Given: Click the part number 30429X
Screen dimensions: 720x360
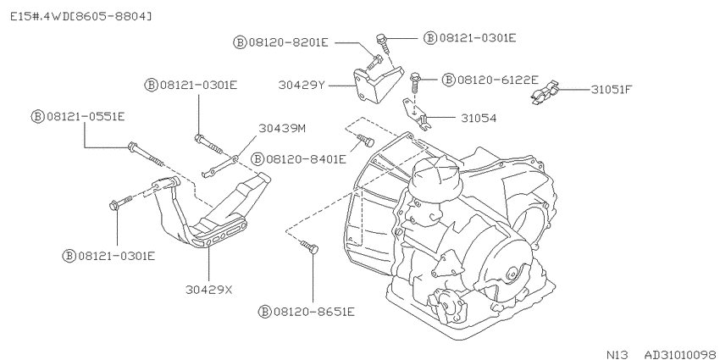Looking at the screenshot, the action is coord(209,290).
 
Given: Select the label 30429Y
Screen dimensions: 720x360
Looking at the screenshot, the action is coord(302,85).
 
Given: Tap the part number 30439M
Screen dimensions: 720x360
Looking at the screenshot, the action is coord(282,128).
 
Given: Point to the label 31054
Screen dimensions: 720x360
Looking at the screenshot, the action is coord(479,118).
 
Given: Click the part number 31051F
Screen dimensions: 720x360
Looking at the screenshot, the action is coord(612,89).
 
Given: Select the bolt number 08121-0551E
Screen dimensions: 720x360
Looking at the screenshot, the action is coord(86,117).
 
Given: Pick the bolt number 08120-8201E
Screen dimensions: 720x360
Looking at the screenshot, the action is coord(288,42).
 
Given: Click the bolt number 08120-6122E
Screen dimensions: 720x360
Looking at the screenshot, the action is coord(497,80).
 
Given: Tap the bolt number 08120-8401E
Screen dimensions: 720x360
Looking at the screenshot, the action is coord(306,159).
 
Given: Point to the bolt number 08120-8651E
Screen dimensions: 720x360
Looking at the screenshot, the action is coord(314,312).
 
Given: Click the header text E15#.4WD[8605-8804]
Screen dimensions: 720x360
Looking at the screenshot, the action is coord(80,17).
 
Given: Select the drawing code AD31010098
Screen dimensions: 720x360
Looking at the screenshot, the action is coord(680,354).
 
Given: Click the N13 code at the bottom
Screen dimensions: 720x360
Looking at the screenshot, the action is coord(618,354).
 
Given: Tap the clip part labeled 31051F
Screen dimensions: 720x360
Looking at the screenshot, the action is coord(544,92).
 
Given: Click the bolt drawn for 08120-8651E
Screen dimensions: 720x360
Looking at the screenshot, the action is coord(309,246).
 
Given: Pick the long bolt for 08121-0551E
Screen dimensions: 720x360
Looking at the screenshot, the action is coord(145,154).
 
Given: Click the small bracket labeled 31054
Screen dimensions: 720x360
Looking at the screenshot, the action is coord(417,114).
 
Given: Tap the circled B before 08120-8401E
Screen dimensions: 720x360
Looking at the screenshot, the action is coord(258,159).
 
